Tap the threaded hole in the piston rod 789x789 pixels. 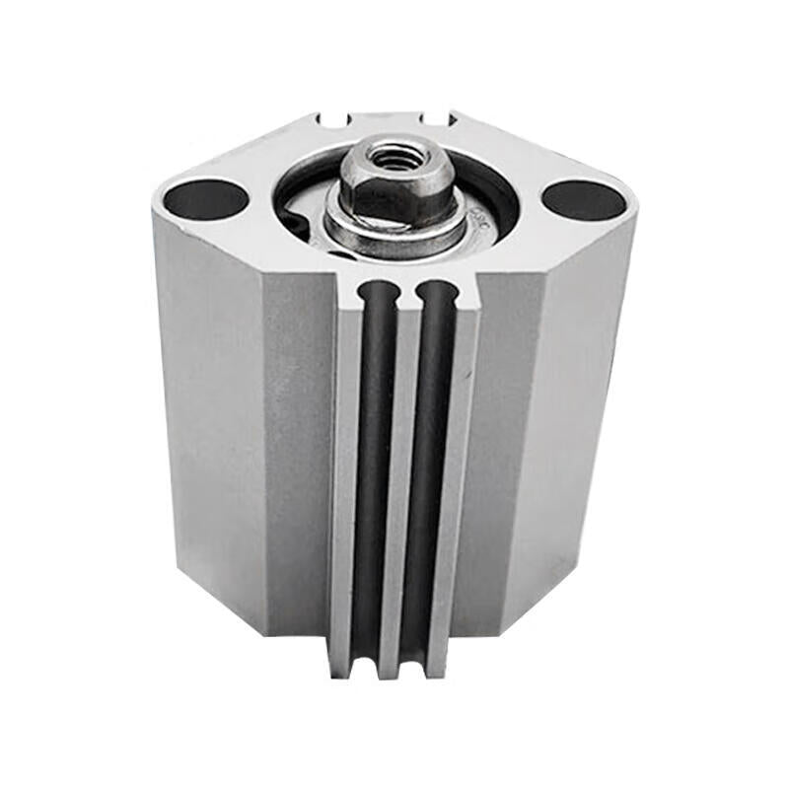(x=396, y=156)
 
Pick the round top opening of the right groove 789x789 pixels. (x=436, y=292)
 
